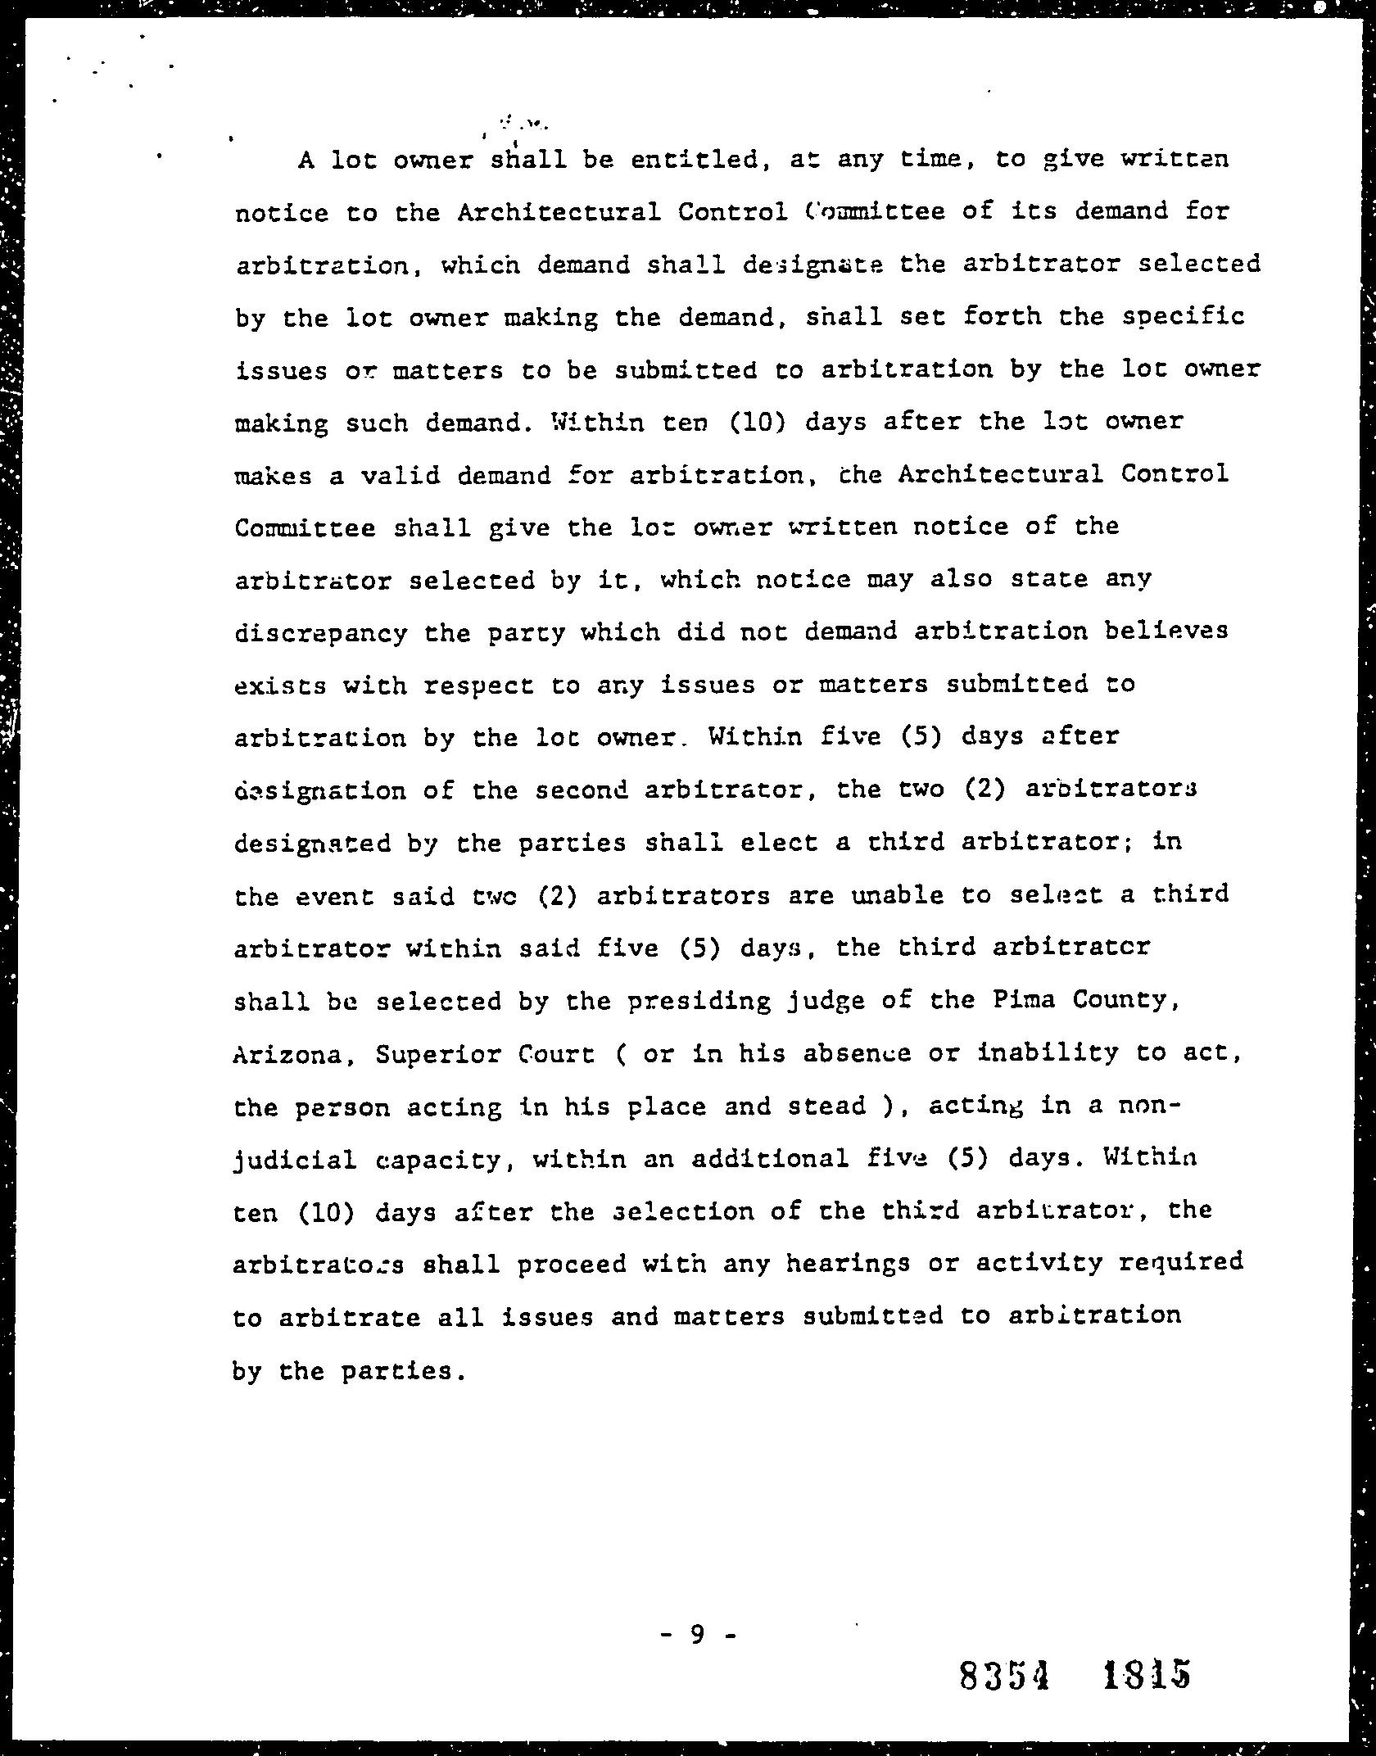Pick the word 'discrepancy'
point(320,634)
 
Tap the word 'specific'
point(1183,317)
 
